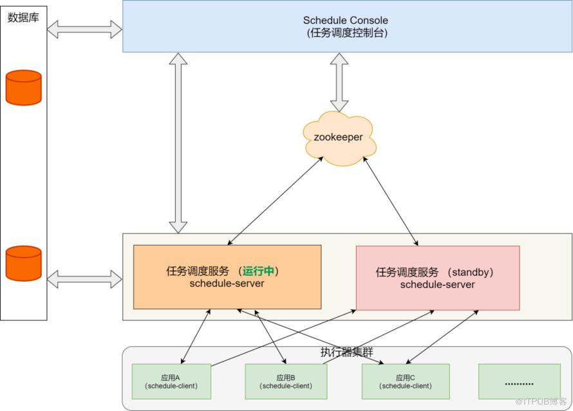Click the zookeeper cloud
tap(339, 138)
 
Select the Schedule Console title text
tap(346, 21)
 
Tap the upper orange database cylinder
tap(24, 87)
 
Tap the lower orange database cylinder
tap(24, 262)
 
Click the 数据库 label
tap(24, 18)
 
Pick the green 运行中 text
tap(260, 271)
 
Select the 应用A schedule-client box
tap(171, 381)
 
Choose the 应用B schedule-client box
tap(286, 381)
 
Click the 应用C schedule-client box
tap(402, 381)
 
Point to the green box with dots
tap(519, 381)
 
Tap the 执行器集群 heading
tap(346, 352)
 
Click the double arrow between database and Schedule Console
tap(84, 29)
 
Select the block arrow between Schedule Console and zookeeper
tap(339, 82)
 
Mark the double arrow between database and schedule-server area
tap(84, 279)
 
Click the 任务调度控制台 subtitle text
tap(346, 33)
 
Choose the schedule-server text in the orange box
tap(227, 284)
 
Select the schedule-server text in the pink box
tap(438, 284)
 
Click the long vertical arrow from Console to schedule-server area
tap(178, 143)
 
